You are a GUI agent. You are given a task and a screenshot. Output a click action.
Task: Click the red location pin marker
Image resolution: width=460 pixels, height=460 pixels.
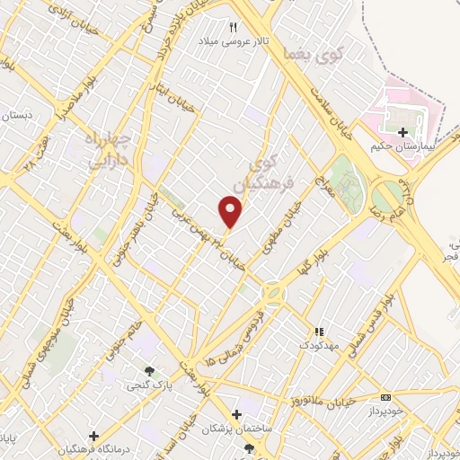click(231, 212)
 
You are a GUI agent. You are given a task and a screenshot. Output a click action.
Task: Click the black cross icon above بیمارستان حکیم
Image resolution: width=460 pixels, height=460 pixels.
click(403, 132)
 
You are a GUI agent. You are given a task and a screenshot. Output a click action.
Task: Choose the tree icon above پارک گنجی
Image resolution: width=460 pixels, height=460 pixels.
click(150, 371)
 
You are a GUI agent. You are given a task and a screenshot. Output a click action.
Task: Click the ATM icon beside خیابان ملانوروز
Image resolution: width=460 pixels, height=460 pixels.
click(386, 397)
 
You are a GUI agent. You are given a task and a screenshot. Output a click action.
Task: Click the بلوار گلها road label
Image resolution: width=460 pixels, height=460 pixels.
click(311, 256)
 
